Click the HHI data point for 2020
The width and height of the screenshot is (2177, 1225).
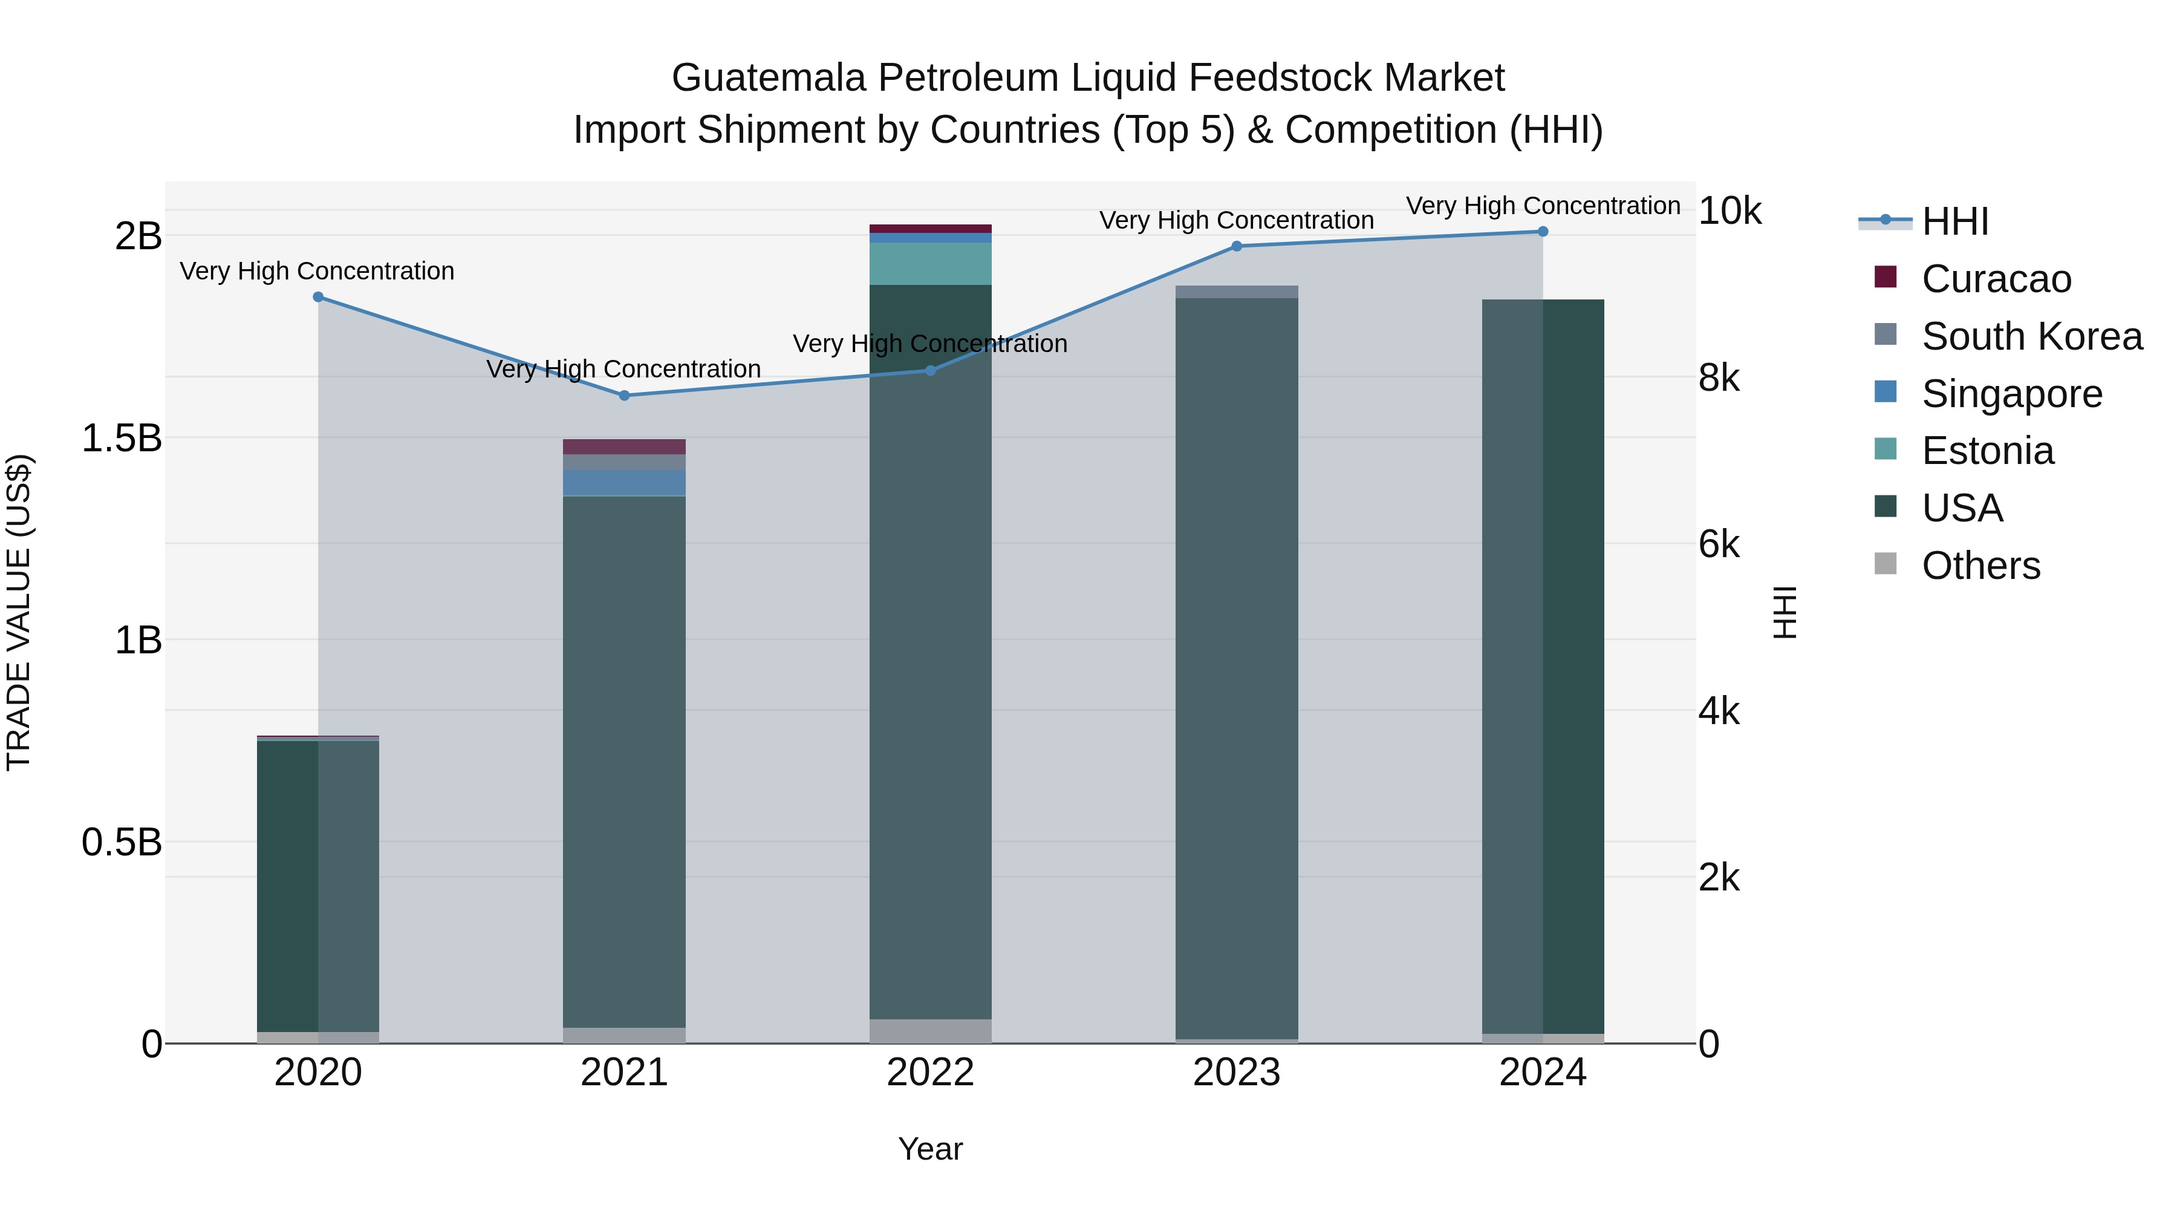click(317, 297)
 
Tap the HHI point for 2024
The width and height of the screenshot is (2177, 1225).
click(1542, 232)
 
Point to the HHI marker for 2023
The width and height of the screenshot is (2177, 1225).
click(1237, 246)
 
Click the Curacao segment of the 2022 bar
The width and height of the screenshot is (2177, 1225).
click(931, 228)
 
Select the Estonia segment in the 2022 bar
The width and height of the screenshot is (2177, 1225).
click(931, 264)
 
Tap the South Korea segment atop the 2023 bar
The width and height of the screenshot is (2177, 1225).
click(1237, 292)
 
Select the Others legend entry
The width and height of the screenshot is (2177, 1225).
click(1980, 566)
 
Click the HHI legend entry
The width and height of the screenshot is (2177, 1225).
click(1954, 221)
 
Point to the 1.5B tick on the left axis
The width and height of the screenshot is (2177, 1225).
click(122, 438)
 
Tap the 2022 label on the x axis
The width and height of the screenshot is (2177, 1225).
click(931, 1073)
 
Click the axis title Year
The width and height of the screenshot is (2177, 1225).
click(931, 1149)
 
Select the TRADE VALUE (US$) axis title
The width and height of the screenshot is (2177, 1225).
click(19, 613)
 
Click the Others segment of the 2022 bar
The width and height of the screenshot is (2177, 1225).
click(931, 1031)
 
